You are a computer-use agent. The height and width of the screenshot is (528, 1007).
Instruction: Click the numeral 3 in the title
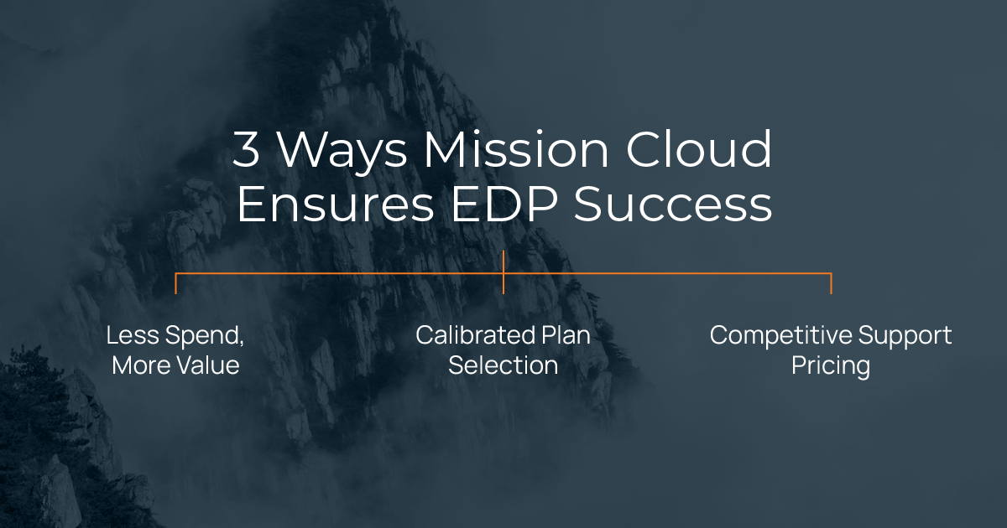tap(247, 149)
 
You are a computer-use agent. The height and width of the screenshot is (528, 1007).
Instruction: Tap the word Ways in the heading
tap(342, 153)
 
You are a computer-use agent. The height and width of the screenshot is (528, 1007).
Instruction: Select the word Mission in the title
tap(516, 148)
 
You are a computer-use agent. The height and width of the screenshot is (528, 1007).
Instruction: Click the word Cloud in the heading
tap(698, 148)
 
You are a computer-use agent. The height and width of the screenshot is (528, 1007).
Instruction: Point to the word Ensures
tap(336, 204)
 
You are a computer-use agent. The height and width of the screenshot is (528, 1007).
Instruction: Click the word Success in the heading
tap(673, 204)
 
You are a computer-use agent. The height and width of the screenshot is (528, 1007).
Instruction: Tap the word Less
tap(133, 335)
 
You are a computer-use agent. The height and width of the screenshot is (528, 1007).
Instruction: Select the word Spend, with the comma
tap(205, 336)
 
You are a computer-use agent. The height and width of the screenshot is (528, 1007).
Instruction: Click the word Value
tap(208, 365)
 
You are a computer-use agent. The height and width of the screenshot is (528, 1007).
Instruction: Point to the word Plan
tap(566, 335)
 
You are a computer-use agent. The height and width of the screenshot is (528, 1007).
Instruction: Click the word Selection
tap(503, 365)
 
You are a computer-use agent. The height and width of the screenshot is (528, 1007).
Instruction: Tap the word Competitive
tap(781, 336)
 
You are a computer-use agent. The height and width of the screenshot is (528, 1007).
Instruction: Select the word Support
tap(905, 337)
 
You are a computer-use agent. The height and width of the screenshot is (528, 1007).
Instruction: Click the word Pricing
tap(831, 366)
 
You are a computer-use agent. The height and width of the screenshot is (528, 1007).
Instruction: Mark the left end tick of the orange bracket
tap(175, 283)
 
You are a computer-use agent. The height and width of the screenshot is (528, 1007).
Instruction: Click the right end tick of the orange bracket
tap(832, 283)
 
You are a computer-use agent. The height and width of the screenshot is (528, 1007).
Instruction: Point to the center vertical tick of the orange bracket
tap(503, 272)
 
